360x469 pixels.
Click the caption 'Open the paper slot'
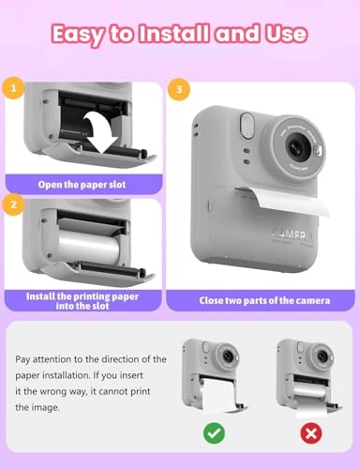tap(82, 183)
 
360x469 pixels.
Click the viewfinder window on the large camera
tap(247, 124)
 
